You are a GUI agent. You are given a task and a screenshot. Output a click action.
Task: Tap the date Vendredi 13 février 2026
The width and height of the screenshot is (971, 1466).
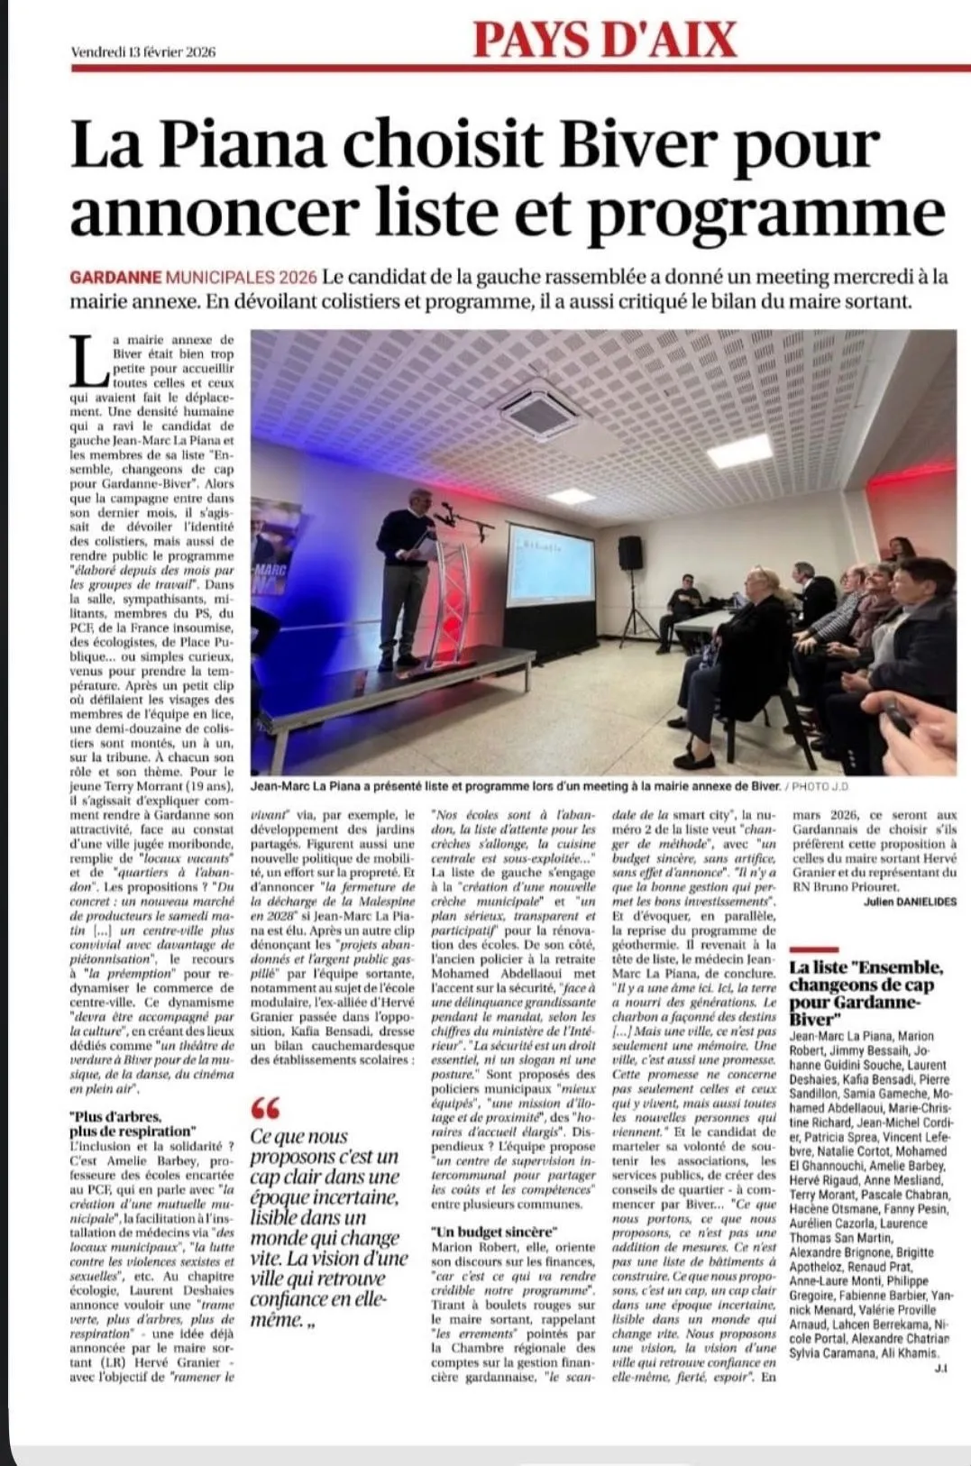[x=142, y=52]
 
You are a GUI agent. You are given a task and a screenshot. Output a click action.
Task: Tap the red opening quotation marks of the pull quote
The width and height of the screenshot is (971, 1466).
[x=267, y=1108]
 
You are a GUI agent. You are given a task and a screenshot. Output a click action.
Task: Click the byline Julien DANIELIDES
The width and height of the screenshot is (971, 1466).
[x=910, y=903]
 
